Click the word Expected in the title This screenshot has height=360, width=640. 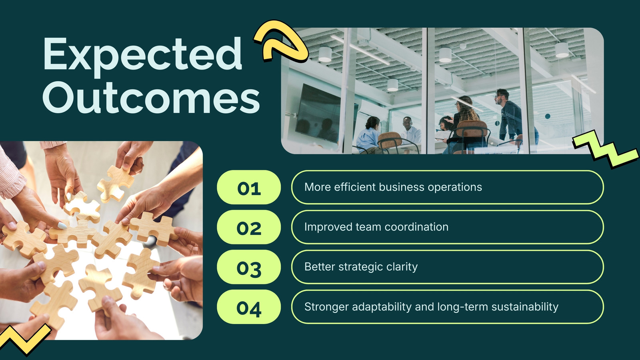point(142,56)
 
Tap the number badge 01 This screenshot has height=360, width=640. point(249,188)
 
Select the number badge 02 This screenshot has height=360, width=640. point(249,227)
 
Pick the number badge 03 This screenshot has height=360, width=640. point(249,267)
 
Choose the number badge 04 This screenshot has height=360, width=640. point(249,307)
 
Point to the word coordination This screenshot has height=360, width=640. point(416,227)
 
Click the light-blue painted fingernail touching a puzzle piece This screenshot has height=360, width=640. point(62,226)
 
